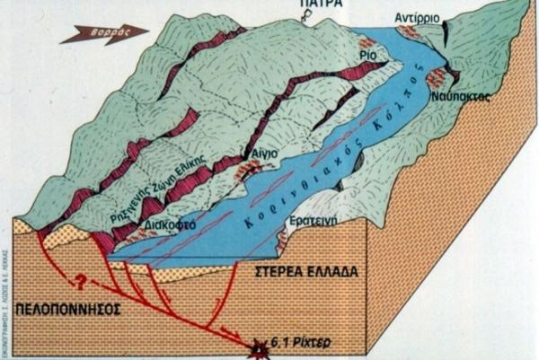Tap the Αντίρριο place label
(x=418, y=19)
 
